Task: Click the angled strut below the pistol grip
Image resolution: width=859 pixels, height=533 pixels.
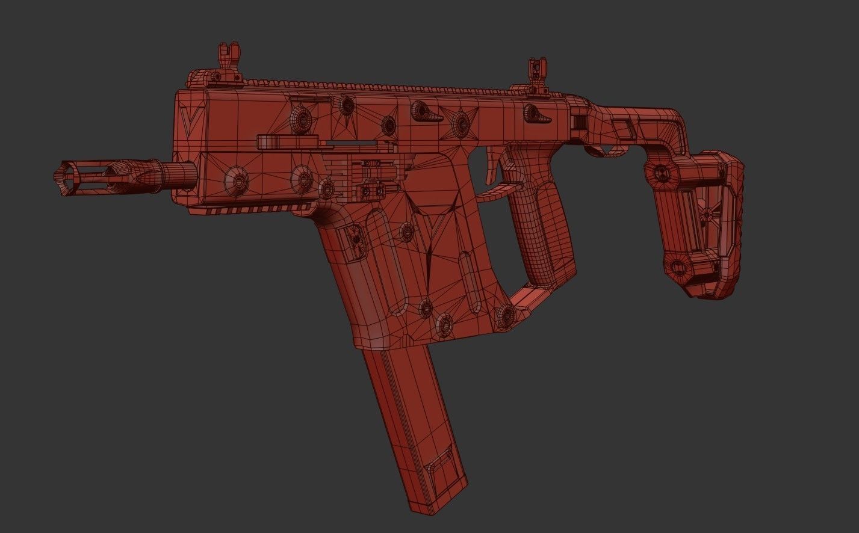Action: (x=524, y=297)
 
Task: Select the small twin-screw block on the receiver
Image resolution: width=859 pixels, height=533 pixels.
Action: (x=373, y=192)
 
